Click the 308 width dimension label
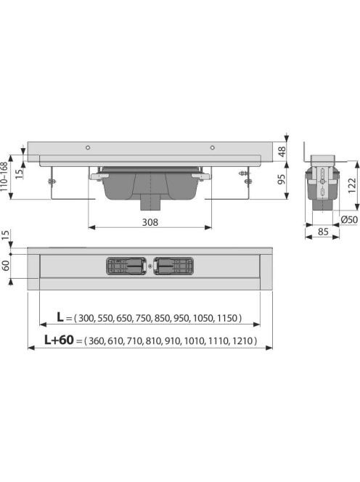150,222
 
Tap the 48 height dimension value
282,152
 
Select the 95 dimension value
282,179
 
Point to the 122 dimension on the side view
352,185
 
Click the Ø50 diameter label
350,219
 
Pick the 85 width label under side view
323,232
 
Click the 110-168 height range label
4,176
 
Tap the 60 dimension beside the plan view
6,265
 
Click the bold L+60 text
59,340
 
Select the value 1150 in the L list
227,318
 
